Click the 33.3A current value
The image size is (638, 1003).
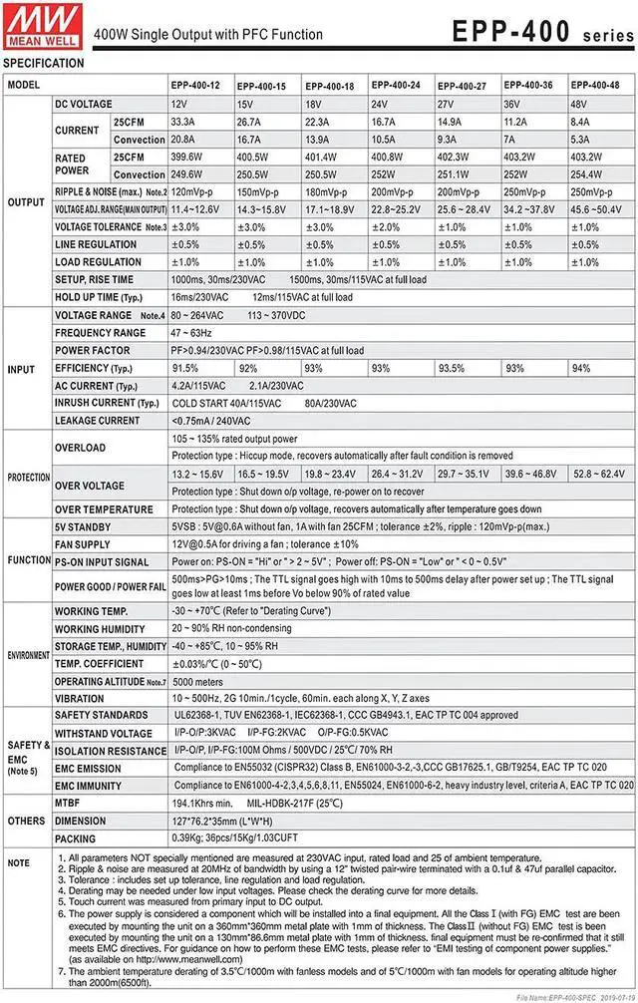click(183, 122)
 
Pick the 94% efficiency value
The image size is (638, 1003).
click(579, 368)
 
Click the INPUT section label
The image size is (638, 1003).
click(21, 369)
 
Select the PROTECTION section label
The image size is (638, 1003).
click(29, 478)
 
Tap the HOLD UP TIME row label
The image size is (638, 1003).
click(95, 297)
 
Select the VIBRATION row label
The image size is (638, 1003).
click(79, 699)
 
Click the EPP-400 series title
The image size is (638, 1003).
click(540, 32)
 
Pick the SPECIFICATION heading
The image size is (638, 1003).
click(43, 63)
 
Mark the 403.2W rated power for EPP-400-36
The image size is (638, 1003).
click(521, 158)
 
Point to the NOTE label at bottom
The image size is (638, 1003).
click(19, 863)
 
